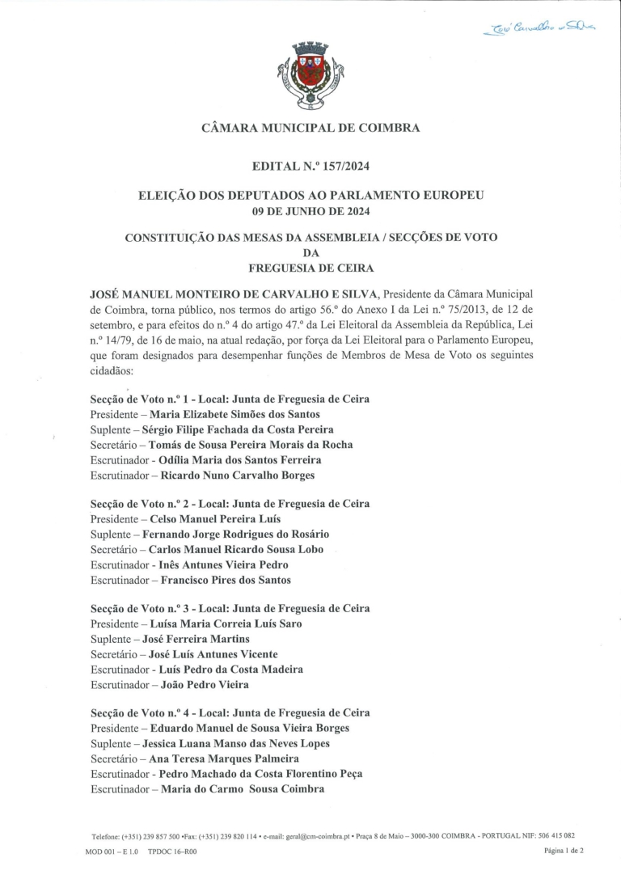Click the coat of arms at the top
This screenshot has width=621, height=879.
click(310, 76)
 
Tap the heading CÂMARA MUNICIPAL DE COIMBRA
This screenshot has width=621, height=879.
click(310, 128)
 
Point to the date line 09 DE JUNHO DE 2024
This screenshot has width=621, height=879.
click(311, 211)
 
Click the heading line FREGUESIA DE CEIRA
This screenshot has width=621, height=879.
click(310, 268)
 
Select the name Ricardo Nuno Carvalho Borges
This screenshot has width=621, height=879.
click(237, 475)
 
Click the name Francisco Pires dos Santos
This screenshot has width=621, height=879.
click(226, 580)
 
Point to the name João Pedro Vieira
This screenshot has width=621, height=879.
click(205, 685)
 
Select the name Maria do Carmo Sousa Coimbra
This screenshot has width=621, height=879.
click(243, 788)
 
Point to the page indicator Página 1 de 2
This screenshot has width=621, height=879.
click(564, 851)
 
